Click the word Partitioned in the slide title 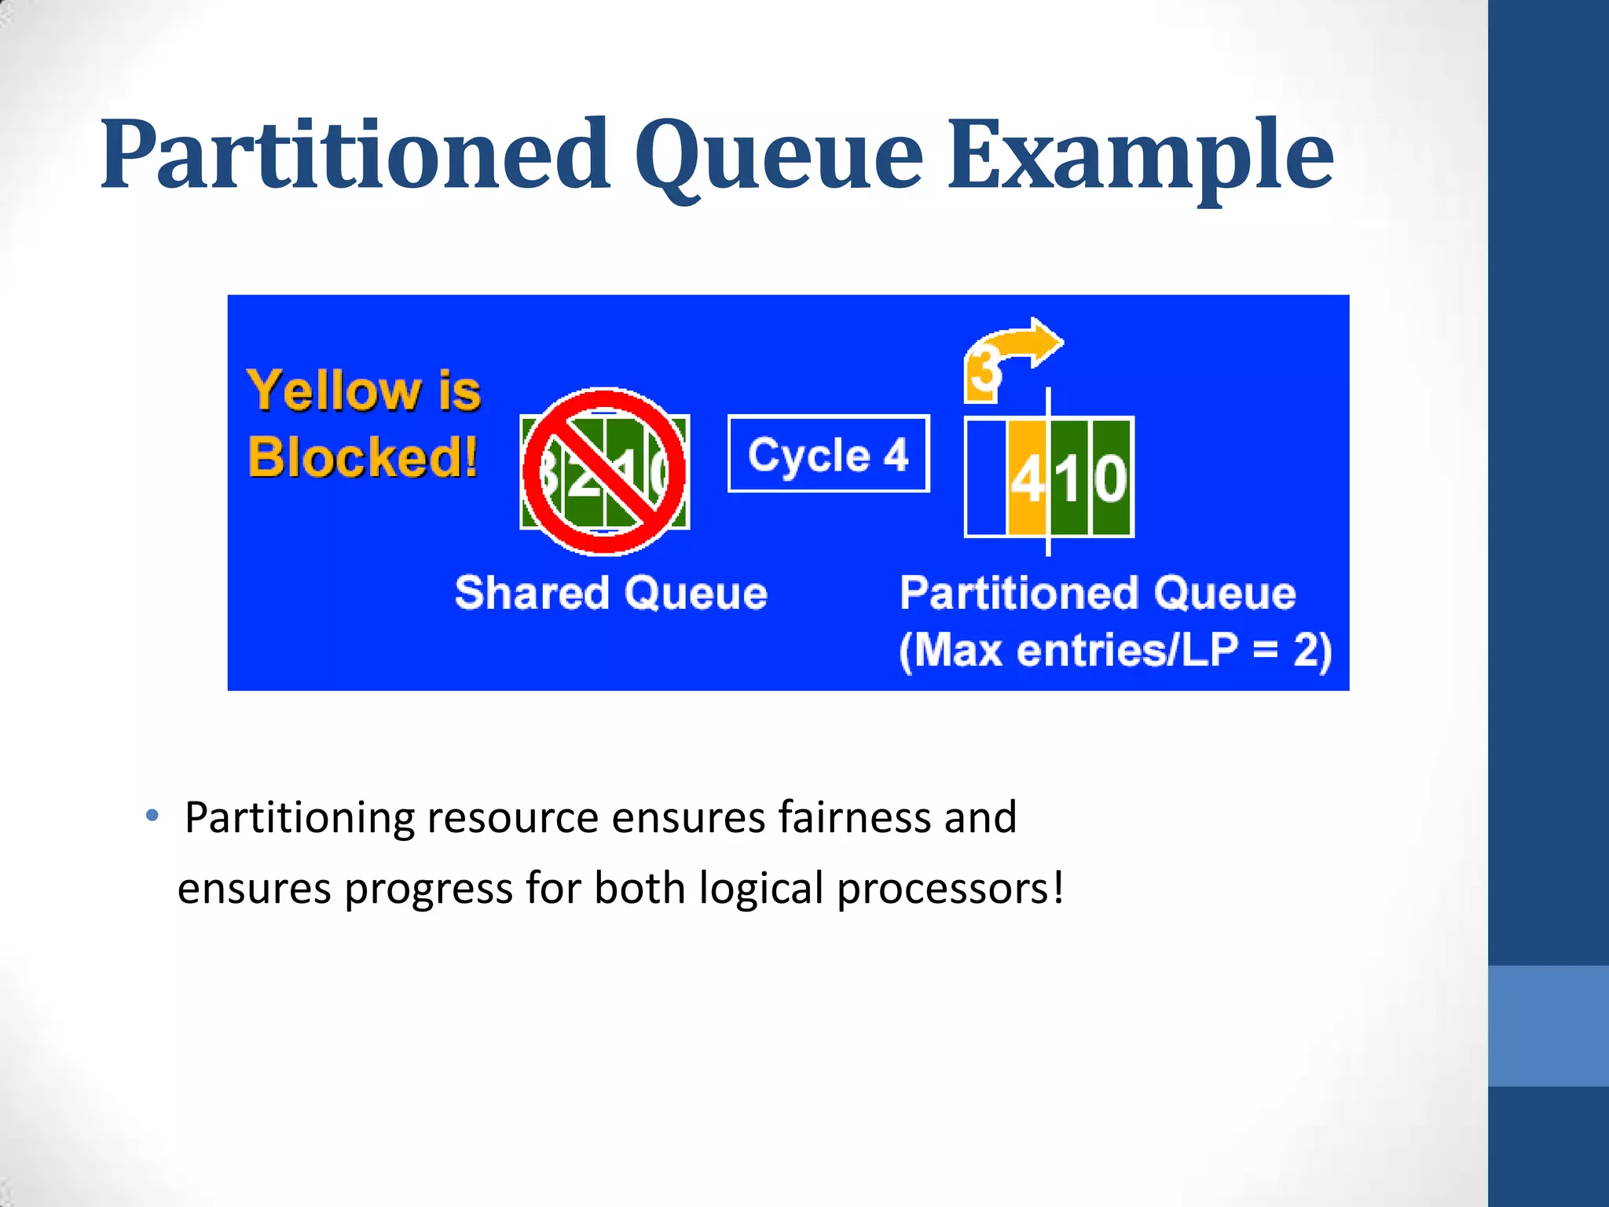click(355, 155)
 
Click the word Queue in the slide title click(778, 155)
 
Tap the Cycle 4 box click(828, 454)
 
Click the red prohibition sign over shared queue click(603, 471)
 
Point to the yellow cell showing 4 click(1026, 478)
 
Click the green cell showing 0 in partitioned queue click(1112, 478)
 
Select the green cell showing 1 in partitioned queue click(1070, 478)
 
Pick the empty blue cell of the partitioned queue click(986, 478)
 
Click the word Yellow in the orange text click(335, 391)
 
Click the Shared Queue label click(610, 592)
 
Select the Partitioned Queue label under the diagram click(1097, 592)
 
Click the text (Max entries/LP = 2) click(1115, 651)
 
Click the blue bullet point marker click(152, 815)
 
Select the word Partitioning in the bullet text click(299, 817)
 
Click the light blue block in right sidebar click(1548, 1025)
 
